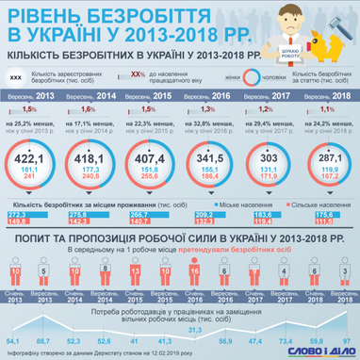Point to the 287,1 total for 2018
point(335,157)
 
